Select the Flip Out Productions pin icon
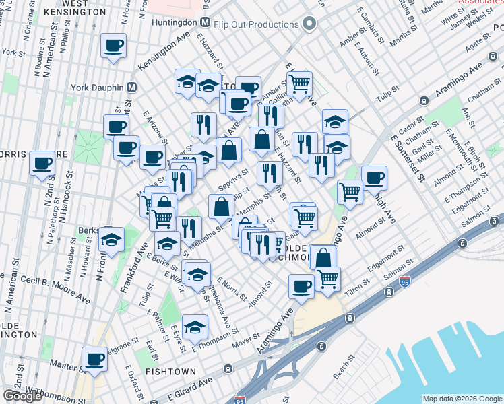(x=309, y=24)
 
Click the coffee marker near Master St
(x=94, y=360)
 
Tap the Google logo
(x=22, y=395)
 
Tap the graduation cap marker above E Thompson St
(x=195, y=328)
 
